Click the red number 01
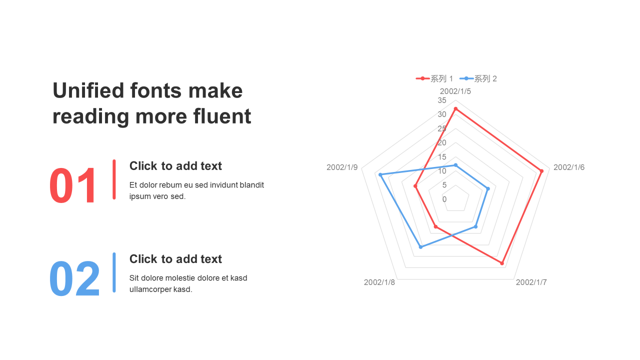72,185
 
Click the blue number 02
74,278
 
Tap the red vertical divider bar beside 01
114,179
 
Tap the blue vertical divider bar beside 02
114,272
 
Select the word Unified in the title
88,90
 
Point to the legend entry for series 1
434,78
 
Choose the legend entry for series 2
478,78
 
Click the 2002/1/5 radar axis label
455,91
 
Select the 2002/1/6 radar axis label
569,167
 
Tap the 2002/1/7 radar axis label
531,282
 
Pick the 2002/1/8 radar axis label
379,282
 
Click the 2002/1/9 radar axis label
342,167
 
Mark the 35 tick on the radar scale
442,100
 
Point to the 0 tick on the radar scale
444,199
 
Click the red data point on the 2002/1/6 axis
541,171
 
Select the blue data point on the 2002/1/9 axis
380,174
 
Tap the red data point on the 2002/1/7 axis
502,263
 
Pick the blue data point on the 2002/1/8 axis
420,247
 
